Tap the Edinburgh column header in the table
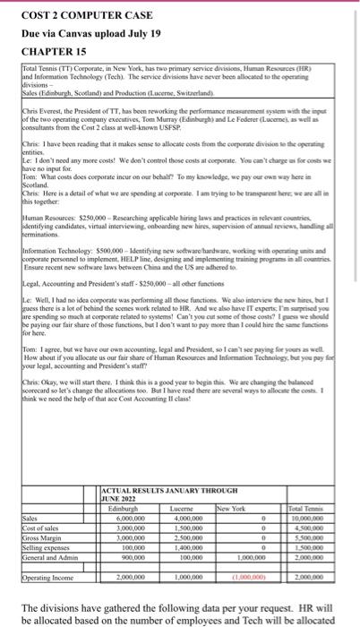(x=126, y=506)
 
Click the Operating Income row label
(x=54, y=567)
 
